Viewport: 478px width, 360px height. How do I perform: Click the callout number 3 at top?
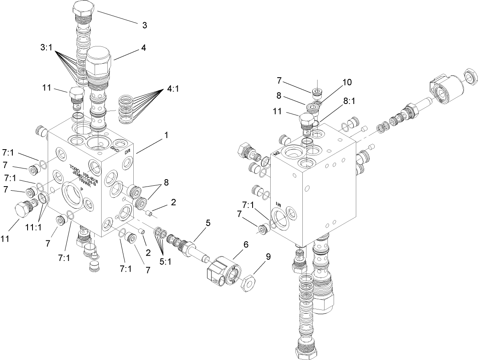click(144, 25)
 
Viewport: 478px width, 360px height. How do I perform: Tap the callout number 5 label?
click(208, 223)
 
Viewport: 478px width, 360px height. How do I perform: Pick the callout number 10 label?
click(346, 82)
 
